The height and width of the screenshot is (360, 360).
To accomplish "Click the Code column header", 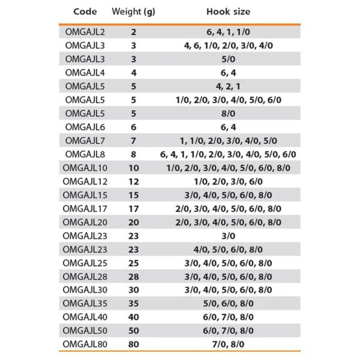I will (x=85, y=12).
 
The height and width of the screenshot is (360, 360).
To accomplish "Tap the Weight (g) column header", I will (x=133, y=12).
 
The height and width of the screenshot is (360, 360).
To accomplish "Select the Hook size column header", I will (x=228, y=12).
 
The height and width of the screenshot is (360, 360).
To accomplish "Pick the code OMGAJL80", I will (x=85, y=344).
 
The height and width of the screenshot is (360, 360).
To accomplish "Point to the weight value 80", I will (x=134, y=344).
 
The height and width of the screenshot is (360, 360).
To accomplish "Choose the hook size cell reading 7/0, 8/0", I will (x=228, y=344).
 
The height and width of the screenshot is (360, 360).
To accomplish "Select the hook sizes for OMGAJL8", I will (x=228, y=154).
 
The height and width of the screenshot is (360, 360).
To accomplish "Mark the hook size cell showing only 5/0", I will (x=228, y=59).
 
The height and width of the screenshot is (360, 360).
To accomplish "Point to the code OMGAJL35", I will (x=85, y=303).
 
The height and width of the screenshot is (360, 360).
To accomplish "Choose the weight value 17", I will (x=134, y=208).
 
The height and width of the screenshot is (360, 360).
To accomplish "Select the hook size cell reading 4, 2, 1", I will (x=228, y=86).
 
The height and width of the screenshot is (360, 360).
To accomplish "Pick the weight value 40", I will (x=134, y=317).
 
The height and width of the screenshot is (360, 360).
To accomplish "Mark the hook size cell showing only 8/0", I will (x=228, y=113).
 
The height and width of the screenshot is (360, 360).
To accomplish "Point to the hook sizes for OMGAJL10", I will (x=228, y=168).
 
